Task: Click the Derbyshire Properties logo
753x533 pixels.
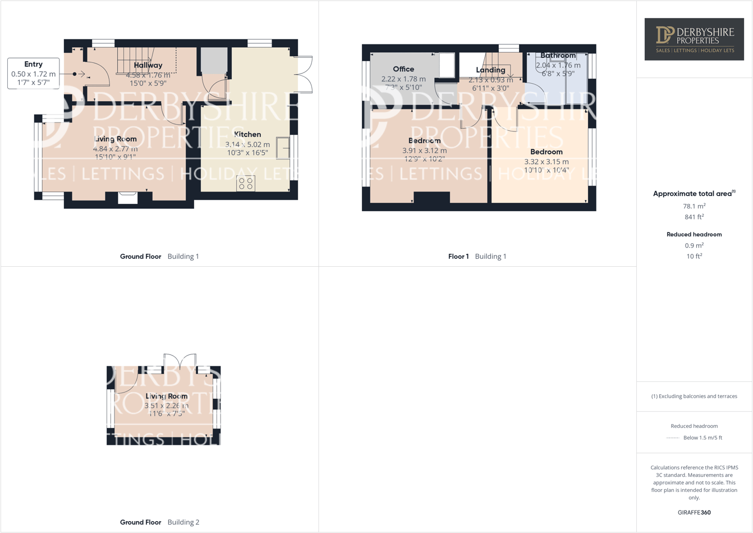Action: pyautogui.click(x=694, y=39)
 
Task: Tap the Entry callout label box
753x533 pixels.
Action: pyautogui.click(x=34, y=73)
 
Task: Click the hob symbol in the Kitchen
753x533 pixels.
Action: pyautogui.click(x=246, y=183)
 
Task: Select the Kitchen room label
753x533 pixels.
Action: pyautogui.click(x=247, y=134)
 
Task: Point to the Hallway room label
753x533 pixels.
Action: pyautogui.click(x=148, y=65)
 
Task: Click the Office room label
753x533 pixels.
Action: pyautogui.click(x=403, y=69)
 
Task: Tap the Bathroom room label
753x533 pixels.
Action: pyautogui.click(x=558, y=56)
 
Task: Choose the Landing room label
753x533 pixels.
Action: pyautogui.click(x=490, y=70)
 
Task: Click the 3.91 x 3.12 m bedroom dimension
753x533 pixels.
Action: pyautogui.click(x=424, y=151)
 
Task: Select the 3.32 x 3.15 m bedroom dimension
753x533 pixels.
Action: pyautogui.click(x=546, y=162)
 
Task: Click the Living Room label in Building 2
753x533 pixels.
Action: pyautogui.click(x=166, y=396)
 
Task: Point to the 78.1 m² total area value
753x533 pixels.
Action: pyautogui.click(x=694, y=206)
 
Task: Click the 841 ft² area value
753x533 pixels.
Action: pyautogui.click(x=694, y=217)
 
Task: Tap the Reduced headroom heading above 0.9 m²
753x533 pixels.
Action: pyautogui.click(x=694, y=234)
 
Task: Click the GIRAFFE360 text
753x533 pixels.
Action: pyautogui.click(x=694, y=512)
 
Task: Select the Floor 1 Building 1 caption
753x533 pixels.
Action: pyautogui.click(x=477, y=256)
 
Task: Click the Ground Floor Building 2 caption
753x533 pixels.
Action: pyautogui.click(x=159, y=522)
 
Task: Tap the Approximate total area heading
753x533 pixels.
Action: pyautogui.click(x=694, y=193)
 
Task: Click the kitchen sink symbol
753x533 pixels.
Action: pyautogui.click(x=283, y=148)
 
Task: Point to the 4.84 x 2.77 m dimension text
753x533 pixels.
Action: pyautogui.click(x=115, y=149)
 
